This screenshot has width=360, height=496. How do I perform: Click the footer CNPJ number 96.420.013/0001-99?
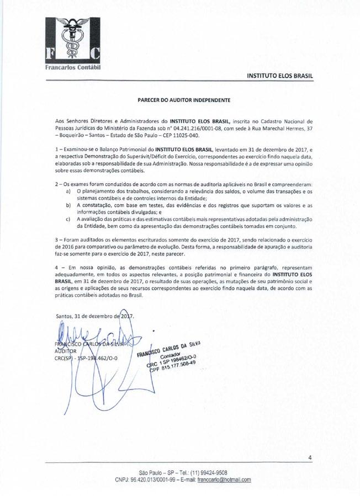click(x=142, y=480)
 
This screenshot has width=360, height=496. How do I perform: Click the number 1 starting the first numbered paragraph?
click(x=57, y=150)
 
